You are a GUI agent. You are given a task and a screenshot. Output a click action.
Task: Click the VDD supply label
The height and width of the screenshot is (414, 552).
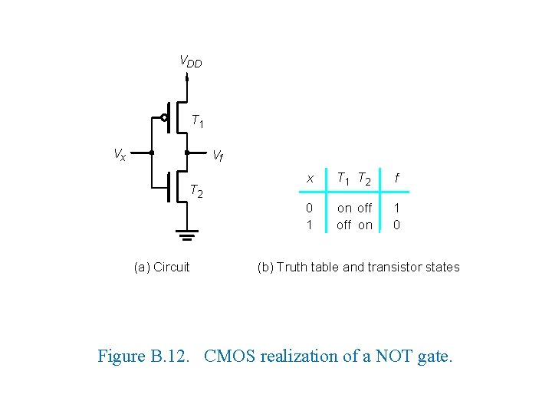190,61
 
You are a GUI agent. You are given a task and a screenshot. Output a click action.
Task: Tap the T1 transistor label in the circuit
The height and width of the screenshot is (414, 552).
197,120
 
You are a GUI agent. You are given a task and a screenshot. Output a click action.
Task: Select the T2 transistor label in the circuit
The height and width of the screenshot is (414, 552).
196,191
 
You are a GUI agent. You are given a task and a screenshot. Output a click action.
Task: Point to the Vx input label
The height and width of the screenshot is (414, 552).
120,154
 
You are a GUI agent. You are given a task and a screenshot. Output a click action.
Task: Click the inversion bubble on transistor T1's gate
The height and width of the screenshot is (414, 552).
164,117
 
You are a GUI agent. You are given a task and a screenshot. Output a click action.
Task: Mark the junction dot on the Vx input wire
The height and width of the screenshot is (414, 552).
151,153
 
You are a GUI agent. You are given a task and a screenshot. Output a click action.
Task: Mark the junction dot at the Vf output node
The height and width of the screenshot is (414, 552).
187,153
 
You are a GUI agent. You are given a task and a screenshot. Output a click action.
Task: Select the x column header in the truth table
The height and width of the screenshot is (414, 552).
310,179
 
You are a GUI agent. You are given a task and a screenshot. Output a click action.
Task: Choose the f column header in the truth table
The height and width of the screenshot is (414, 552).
396,179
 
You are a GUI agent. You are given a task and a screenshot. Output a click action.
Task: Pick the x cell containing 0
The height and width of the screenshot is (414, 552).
309,208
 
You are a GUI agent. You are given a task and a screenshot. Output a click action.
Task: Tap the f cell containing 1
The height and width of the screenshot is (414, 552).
396,208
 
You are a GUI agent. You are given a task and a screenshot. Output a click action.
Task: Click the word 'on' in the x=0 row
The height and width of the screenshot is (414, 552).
344,208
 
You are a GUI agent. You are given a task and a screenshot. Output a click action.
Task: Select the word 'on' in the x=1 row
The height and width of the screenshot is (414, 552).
365,225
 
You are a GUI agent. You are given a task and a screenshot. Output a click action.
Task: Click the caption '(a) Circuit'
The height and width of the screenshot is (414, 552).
162,267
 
